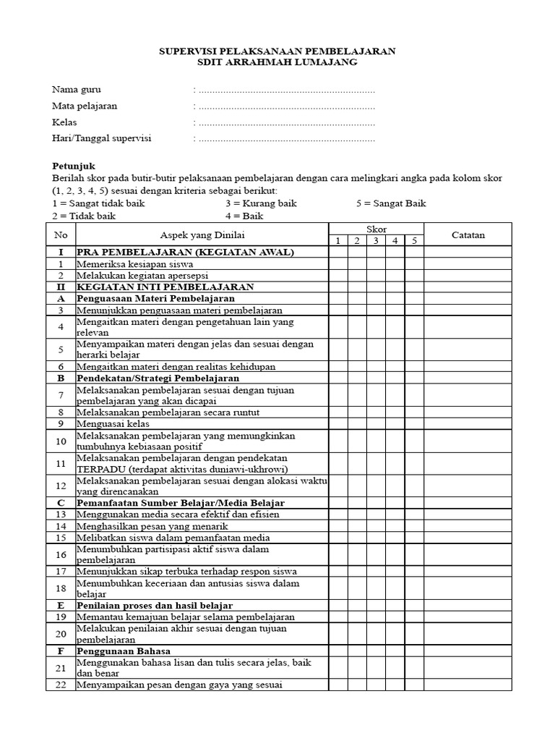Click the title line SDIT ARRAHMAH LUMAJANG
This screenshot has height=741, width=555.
(x=277, y=62)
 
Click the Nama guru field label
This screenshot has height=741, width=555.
(x=77, y=90)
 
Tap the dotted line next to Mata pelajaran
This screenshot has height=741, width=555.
(x=286, y=106)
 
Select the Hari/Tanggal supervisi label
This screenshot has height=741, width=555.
(x=107, y=138)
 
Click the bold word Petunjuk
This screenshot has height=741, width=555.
(x=74, y=166)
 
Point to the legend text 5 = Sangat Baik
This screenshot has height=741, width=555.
(x=391, y=203)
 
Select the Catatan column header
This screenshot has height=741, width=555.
(x=468, y=234)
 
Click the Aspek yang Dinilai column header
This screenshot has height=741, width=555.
(x=202, y=234)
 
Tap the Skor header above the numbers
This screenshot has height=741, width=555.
(x=376, y=229)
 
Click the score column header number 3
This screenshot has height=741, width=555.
(x=376, y=240)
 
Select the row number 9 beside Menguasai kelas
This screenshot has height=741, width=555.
(x=61, y=423)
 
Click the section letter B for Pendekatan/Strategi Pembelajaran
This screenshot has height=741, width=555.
(x=61, y=378)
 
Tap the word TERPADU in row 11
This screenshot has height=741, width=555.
(x=102, y=468)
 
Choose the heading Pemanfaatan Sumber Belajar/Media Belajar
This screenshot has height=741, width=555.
(x=181, y=502)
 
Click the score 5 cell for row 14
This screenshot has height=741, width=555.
(x=413, y=526)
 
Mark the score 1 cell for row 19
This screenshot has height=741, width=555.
(x=338, y=617)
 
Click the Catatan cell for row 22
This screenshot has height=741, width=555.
(x=468, y=685)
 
